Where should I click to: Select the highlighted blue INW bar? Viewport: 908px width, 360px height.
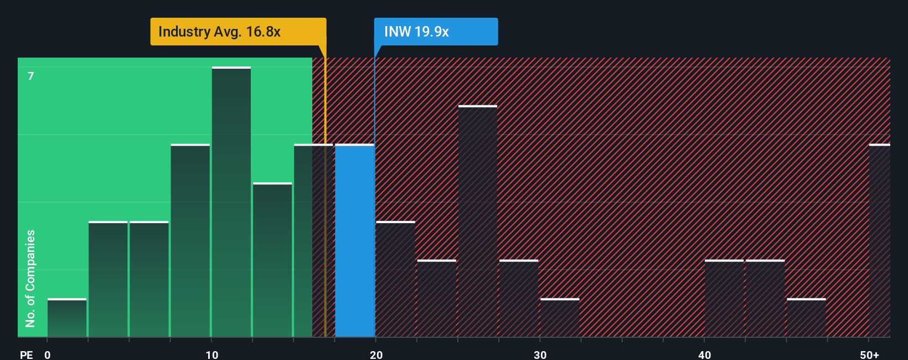pyautogui.click(x=355, y=241)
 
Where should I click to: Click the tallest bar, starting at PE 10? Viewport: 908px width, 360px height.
pyautogui.click(x=231, y=202)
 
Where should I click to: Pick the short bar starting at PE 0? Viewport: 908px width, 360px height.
pyautogui.click(x=67, y=318)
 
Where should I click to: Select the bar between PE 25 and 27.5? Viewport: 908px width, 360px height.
pyautogui.click(x=478, y=222)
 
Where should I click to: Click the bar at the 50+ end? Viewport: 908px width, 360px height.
pyautogui.click(x=879, y=241)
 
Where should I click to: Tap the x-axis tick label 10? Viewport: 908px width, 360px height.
pyautogui.click(x=211, y=354)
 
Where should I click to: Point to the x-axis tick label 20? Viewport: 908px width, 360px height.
pyautogui.click(x=376, y=354)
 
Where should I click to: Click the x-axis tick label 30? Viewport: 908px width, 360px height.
pyautogui.click(x=540, y=354)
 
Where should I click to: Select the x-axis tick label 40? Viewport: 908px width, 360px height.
pyautogui.click(x=704, y=354)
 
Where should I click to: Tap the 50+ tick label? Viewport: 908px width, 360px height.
pyautogui.click(x=869, y=354)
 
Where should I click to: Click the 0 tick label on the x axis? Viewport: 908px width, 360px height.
pyautogui.click(x=48, y=354)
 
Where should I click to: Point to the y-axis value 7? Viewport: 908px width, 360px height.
pyautogui.click(x=31, y=76)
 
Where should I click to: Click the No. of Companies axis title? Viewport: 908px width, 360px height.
pyautogui.click(x=30, y=278)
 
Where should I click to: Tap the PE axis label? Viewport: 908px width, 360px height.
pyautogui.click(x=26, y=354)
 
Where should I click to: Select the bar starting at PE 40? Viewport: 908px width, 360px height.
pyautogui.click(x=724, y=299)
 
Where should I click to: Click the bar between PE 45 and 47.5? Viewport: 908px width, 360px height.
pyautogui.click(x=806, y=318)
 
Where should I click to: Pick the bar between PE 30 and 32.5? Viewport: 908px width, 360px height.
pyautogui.click(x=560, y=318)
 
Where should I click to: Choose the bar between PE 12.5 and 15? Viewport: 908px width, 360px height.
pyautogui.click(x=272, y=260)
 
